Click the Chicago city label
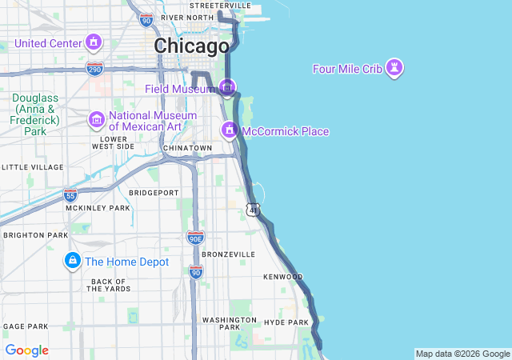(x=191, y=46)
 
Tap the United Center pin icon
(x=94, y=42)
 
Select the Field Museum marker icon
(x=228, y=88)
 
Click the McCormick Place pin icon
(x=230, y=130)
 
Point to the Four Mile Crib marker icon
(x=394, y=69)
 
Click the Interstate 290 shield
(x=95, y=69)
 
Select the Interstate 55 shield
(x=70, y=194)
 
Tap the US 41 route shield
(x=253, y=210)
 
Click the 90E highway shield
(x=195, y=237)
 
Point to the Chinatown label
(x=187, y=148)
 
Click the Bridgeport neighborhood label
(x=154, y=193)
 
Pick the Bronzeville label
(x=228, y=254)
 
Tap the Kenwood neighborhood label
(x=283, y=277)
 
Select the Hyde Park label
(x=286, y=322)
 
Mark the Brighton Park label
(x=35, y=235)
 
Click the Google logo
(x=26, y=350)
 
